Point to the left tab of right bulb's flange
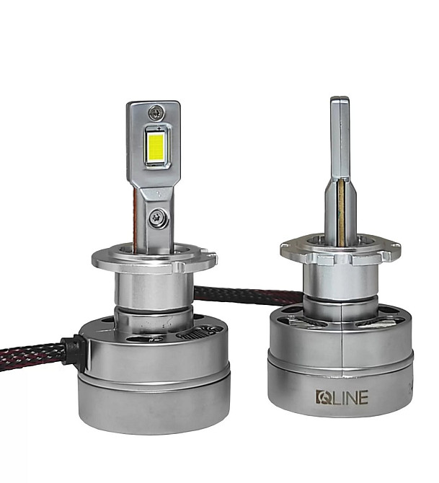[286, 250]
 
